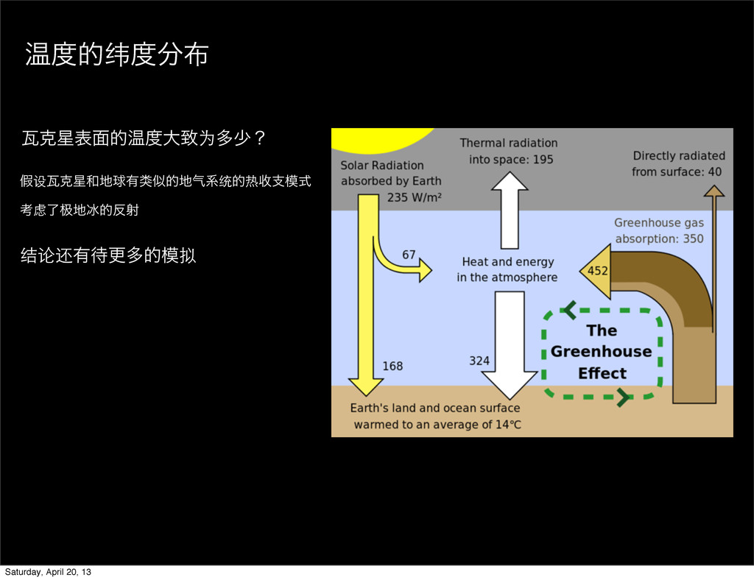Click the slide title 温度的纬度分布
pos(116,55)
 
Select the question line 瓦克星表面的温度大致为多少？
pos(144,137)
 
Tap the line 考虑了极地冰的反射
pos(80,211)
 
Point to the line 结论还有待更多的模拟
pos(110,256)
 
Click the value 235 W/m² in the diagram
pos(414,197)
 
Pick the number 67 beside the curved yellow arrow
pos(409,255)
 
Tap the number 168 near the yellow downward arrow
pos(392,366)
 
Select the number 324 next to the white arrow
pos(479,361)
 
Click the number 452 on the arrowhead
pos(597,271)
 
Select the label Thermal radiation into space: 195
pos(509,151)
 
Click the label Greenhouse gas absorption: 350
pos(658,230)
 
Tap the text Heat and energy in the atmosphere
pos(507,269)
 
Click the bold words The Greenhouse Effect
pos(602,352)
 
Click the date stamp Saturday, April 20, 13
pos(49,572)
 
